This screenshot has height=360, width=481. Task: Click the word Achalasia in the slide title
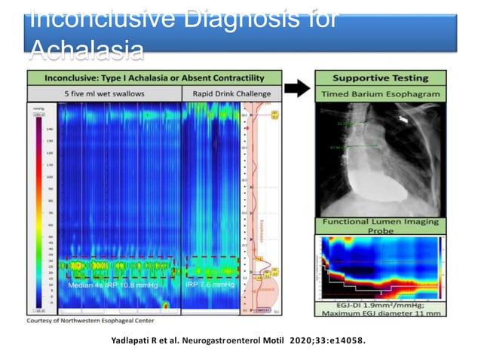click(86, 49)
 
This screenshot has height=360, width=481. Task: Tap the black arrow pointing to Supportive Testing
click(299, 88)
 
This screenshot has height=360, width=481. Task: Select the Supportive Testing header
click(381, 78)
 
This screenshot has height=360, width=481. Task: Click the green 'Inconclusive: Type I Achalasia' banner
click(155, 78)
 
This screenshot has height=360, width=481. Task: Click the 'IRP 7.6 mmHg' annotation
click(210, 285)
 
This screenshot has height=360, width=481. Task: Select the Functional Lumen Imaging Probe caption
click(381, 227)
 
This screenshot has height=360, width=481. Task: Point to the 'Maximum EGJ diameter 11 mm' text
click(381, 313)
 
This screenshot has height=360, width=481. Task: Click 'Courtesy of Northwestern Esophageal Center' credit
click(91, 320)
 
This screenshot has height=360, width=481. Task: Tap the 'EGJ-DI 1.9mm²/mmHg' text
click(381, 304)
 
